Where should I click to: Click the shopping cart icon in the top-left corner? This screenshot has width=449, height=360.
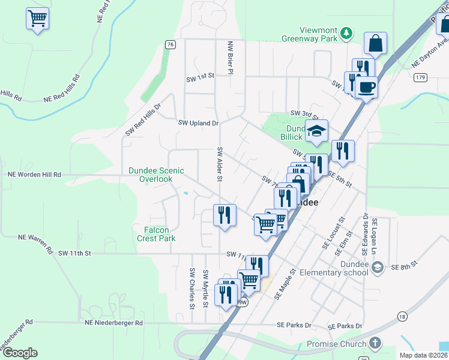(37, 19)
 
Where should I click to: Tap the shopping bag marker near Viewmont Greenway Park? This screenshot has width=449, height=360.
(375, 43)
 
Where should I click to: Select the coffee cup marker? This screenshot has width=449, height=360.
(366, 87)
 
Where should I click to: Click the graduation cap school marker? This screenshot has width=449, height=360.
(316, 131)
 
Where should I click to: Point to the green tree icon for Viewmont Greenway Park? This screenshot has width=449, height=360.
(346, 33)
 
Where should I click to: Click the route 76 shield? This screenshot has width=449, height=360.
(171, 44)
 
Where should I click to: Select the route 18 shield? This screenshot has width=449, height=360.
(402, 316)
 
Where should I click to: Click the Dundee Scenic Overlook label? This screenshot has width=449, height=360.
(156, 175)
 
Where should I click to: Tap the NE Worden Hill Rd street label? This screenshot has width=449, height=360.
(34, 175)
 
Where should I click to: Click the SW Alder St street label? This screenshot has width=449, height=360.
(220, 164)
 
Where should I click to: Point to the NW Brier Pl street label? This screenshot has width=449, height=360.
(229, 58)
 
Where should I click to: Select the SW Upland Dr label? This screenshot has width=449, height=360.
(198, 123)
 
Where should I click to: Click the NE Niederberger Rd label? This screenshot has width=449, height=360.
(113, 323)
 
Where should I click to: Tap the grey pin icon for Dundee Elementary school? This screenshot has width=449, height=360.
(376, 268)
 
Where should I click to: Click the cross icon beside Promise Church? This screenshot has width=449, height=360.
(375, 344)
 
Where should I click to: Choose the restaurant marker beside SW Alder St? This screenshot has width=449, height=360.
(225, 215)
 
